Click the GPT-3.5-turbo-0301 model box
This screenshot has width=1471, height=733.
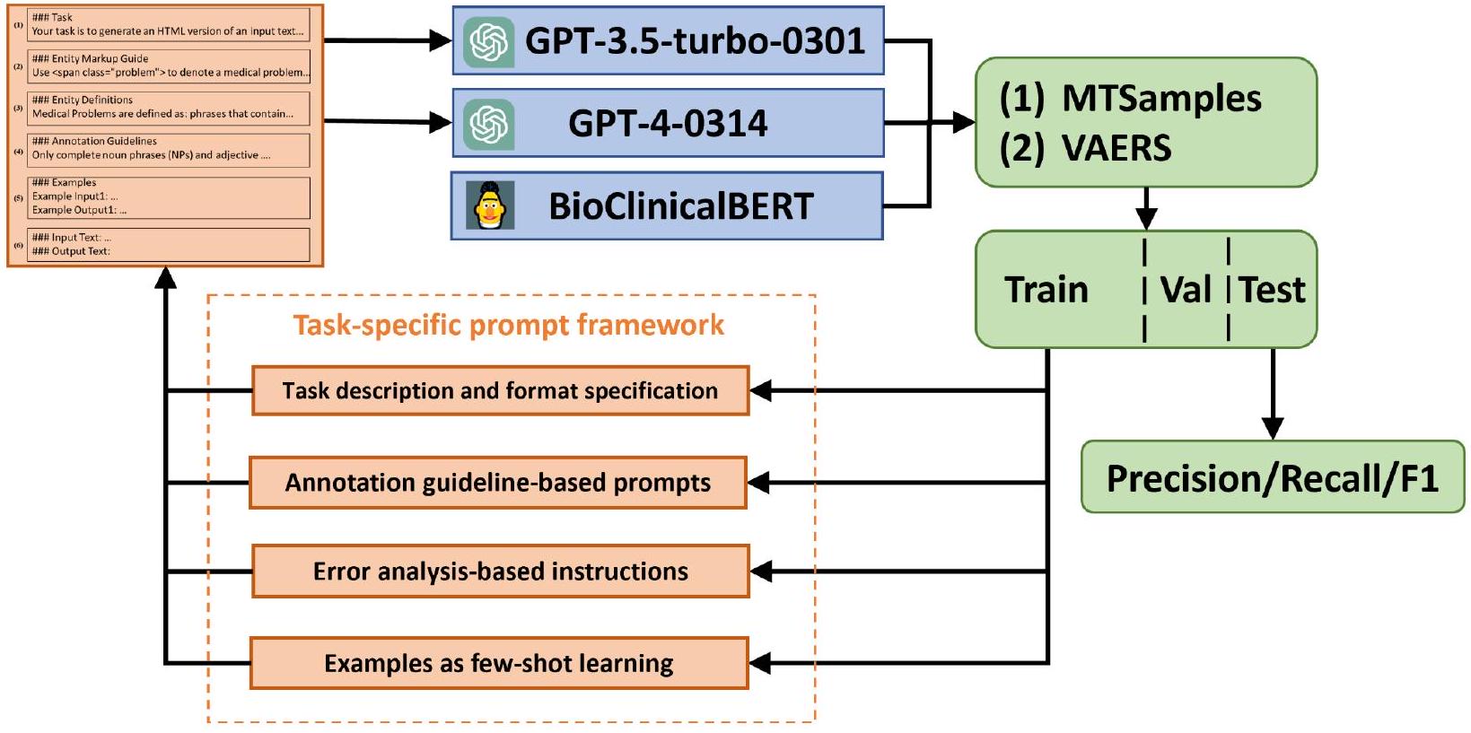click(668, 41)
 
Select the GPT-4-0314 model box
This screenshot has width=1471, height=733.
click(668, 123)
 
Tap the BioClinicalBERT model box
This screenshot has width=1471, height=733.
click(668, 206)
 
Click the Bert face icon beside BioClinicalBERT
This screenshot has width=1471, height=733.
click(490, 206)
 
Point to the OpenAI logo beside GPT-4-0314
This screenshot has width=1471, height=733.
click(489, 124)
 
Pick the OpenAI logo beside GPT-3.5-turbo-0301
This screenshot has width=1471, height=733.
click(489, 41)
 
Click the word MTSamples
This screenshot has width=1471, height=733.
click(1161, 99)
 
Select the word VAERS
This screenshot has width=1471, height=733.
click(1116, 148)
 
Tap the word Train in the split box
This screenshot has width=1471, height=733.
click(1046, 290)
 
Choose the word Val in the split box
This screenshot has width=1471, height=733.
click(1186, 290)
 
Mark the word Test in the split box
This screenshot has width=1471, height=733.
click(1272, 290)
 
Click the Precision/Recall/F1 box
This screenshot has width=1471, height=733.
click(1272, 477)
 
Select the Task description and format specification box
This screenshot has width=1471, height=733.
click(500, 390)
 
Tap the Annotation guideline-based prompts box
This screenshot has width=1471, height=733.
click(498, 483)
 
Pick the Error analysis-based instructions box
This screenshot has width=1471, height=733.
click(500, 572)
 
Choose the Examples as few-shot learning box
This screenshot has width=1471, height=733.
click(499, 663)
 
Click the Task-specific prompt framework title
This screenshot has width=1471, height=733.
click(508, 325)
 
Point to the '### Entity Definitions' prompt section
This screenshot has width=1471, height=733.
click(169, 108)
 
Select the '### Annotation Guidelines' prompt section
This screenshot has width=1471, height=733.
click(169, 149)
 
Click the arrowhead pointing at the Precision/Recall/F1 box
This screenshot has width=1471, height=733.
click(1273, 428)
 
